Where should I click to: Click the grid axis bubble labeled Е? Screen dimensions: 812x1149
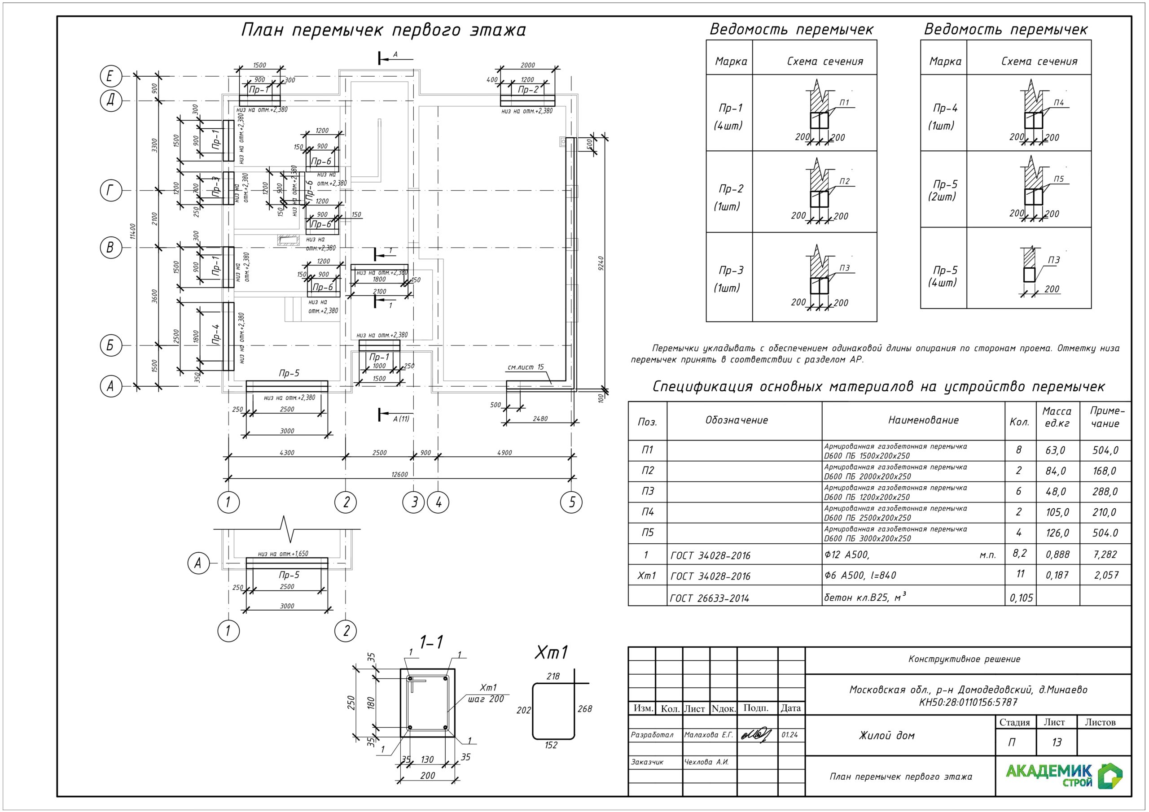(110, 77)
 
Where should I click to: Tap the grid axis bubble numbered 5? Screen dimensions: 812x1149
(572, 502)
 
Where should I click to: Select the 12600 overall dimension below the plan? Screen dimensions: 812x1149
(399, 474)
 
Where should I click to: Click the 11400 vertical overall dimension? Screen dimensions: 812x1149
(132, 231)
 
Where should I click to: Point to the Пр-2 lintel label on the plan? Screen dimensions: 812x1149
(528, 90)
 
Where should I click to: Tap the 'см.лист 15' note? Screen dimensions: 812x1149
(526, 367)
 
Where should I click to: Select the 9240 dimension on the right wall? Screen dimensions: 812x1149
(601, 264)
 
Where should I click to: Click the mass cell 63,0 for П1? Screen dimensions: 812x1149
(1055, 450)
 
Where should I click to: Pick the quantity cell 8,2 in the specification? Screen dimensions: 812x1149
(1019, 553)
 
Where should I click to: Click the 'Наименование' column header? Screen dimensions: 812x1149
(923, 420)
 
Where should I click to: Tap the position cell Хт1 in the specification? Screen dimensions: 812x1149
(647, 576)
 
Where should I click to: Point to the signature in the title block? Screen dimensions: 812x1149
(756, 734)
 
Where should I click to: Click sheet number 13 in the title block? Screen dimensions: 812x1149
(1057, 742)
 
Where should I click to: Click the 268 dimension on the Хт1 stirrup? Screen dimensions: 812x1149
(584, 709)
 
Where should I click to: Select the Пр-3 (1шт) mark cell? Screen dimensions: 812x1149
(730, 279)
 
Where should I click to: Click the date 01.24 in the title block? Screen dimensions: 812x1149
(789, 735)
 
